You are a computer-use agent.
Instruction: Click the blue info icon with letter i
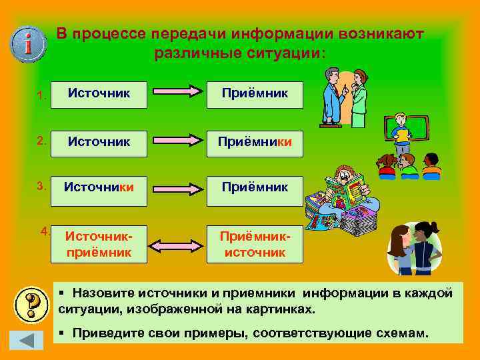tap(28, 43)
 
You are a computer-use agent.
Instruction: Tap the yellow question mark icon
tap(31, 305)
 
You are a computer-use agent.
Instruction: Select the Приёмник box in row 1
tap(256, 94)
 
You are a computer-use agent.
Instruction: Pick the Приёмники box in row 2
tap(256, 141)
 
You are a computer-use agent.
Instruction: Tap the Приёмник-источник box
tap(256, 245)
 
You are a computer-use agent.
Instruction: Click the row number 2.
tap(41, 141)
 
